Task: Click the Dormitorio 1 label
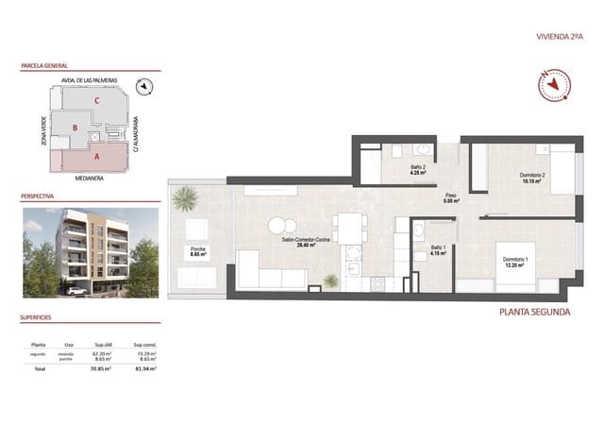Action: (514, 262)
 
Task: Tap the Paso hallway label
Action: (451, 198)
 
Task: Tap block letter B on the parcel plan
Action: (75, 128)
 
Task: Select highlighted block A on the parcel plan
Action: (96, 156)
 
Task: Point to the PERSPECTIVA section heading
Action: (39, 198)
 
